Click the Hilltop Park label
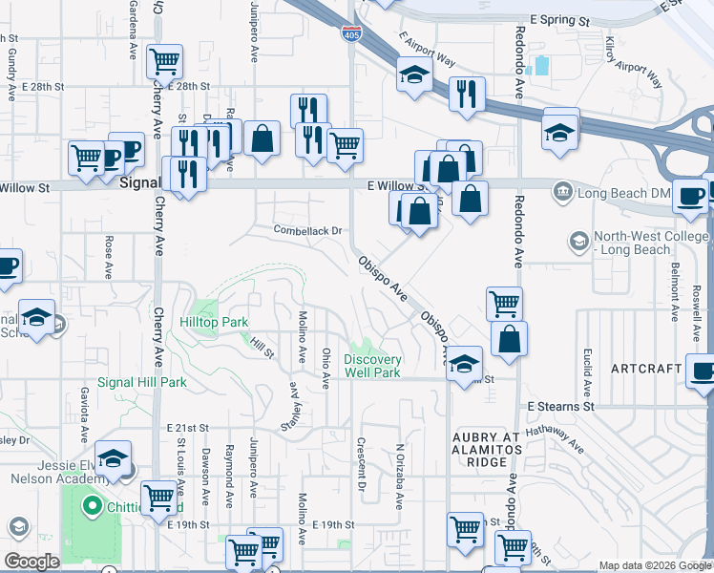[x=214, y=323]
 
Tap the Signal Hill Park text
[x=141, y=382]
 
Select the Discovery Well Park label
[x=372, y=366]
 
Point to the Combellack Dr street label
[x=307, y=230]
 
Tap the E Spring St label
[x=560, y=20]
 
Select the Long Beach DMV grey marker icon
[x=562, y=194]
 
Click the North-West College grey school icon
[x=577, y=241]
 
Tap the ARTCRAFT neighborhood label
[x=645, y=369]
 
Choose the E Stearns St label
[x=561, y=406]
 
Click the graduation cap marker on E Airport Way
[x=415, y=74]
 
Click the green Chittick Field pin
[x=92, y=505]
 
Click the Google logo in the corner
[x=31, y=562]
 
